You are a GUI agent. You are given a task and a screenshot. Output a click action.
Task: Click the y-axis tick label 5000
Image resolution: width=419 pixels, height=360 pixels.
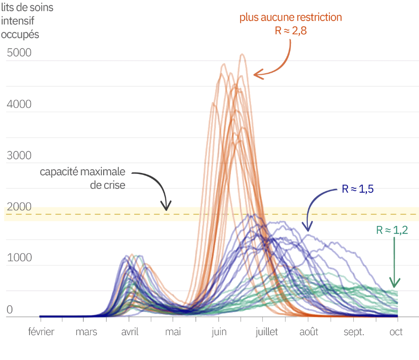(19, 52)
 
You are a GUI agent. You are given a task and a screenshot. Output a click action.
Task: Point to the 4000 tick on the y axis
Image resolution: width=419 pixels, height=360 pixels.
(19, 104)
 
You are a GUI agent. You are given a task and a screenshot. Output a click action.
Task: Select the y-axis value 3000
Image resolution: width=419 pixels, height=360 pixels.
(19, 156)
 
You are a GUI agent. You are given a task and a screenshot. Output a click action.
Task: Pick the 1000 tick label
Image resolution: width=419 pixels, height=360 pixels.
(19, 258)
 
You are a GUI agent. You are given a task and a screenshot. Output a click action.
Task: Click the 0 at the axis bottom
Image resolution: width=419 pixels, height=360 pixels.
(10, 309)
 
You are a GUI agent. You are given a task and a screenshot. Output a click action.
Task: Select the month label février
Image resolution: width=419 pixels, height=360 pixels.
(41, 332)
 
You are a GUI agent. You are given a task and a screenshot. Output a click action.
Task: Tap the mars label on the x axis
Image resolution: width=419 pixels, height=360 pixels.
(86, 332)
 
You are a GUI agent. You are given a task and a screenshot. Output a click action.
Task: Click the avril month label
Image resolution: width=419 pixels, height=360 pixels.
(130, 332)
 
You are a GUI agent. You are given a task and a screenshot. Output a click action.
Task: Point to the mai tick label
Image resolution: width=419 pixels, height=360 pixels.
(173, 332)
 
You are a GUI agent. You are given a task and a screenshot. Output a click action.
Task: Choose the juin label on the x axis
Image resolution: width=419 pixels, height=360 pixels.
(219, 332)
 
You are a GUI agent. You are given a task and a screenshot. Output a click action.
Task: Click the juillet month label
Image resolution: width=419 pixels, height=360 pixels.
(267, 332)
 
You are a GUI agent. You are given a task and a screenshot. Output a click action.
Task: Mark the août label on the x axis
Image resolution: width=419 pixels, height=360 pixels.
(308, 332)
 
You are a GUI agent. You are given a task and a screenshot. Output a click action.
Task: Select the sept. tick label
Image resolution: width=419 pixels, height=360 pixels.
(354, 332)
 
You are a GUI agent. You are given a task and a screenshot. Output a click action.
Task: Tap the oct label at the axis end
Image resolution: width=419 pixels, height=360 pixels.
(396, 332)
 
